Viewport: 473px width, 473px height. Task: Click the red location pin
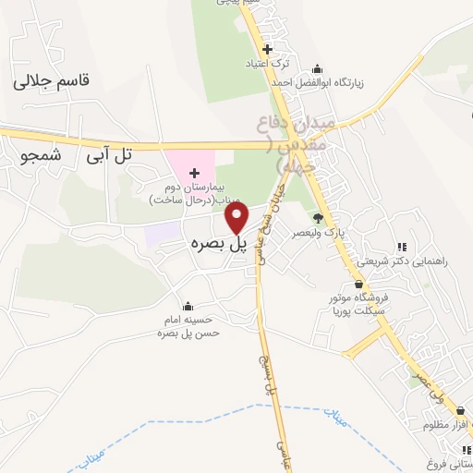pos(237,217)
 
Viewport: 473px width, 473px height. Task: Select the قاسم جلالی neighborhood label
pos(53,81)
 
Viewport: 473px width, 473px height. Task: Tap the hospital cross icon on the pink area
pos(194,173)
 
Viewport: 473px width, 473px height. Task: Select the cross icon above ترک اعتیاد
pos(267,49)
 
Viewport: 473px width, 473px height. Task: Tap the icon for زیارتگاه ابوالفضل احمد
pos(318,68)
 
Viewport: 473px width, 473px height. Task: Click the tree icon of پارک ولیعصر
pos(318,218)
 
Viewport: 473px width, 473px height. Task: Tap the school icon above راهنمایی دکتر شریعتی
pos(401,247)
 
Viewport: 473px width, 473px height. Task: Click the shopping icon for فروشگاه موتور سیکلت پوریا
pos(358,284)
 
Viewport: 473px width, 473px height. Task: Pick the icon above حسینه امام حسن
pos(188,306)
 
